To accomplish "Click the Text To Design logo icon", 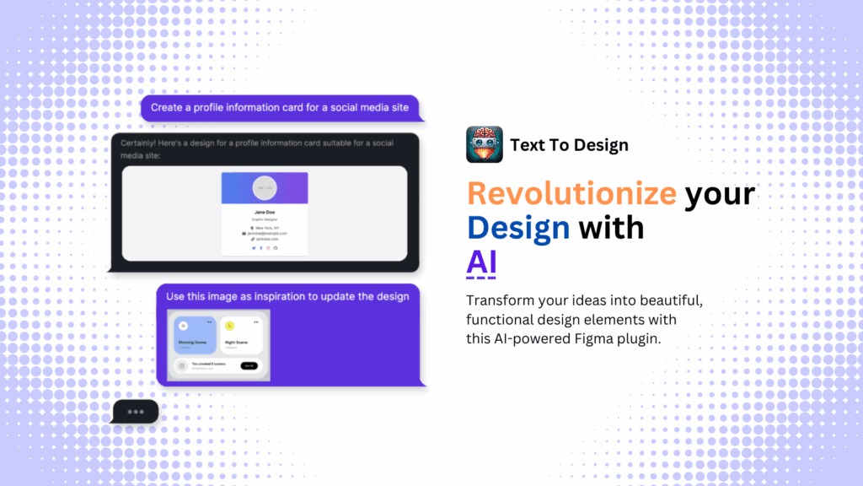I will [484, 144].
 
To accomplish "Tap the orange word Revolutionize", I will [571, 193].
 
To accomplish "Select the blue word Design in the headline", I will [518, 227].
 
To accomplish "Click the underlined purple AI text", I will [481, 262].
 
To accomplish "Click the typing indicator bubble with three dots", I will [135, 412].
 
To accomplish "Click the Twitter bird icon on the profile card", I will [255, 247].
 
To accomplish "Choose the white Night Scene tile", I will [241, 335].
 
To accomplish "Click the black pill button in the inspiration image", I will [248, 366].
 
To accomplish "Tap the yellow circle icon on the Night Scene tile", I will [229, 325].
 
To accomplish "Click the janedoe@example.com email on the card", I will [268, 233].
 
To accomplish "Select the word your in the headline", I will [720, 193].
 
